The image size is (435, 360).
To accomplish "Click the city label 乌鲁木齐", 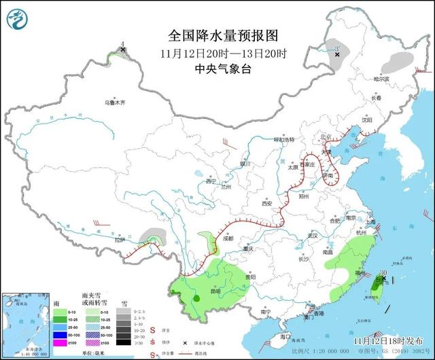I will pos(114,103).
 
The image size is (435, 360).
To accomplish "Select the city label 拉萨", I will pos(120,240).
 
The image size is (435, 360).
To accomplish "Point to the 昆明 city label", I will pos(215,291).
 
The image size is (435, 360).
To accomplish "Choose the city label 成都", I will pos(227,238).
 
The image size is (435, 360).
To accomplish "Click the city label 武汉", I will pos(313,234).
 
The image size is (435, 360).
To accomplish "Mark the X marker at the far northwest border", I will pos(122,50).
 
